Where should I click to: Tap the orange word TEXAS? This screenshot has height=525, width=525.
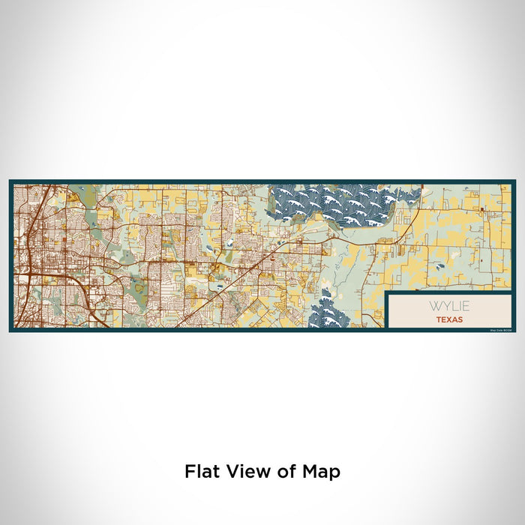point(448,319)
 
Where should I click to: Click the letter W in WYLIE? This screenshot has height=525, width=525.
point(434,307)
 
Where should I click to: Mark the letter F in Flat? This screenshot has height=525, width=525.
point(190,471)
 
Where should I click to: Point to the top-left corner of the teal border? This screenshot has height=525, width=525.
point(10,181)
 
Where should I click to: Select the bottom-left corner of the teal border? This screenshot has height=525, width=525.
point(10,330)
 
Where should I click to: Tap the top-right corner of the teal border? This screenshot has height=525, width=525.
point(514,181)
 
